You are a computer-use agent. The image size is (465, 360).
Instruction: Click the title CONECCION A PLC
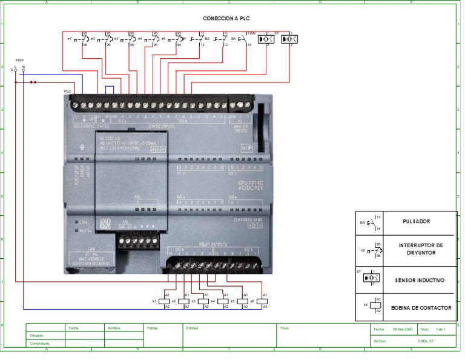pyautogui.click(x=226, y=19)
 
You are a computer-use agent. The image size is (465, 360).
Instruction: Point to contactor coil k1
pyautogui.click(x=163, y=301)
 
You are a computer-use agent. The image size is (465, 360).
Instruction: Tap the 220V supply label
pyautogui.click(x=19, y=61)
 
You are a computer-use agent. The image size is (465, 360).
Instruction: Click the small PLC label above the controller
pyautogui.click(x=67, y=92)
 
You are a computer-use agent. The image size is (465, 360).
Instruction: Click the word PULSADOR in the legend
pyautogui.click(x=416, y=222)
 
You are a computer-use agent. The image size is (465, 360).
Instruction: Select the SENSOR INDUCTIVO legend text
pyautogui.click(x=419, y=281)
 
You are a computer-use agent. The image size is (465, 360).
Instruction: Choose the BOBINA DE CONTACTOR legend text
pyautogui.click(x=421, y=308)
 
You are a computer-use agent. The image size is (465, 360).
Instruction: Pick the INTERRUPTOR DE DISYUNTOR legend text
pyautogui.click(x=421, y=249)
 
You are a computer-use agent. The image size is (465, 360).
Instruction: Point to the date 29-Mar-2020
pyautogui.click(x=402, y=329)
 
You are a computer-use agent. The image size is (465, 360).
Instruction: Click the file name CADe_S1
pyautogui.click(x=426, y=341)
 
